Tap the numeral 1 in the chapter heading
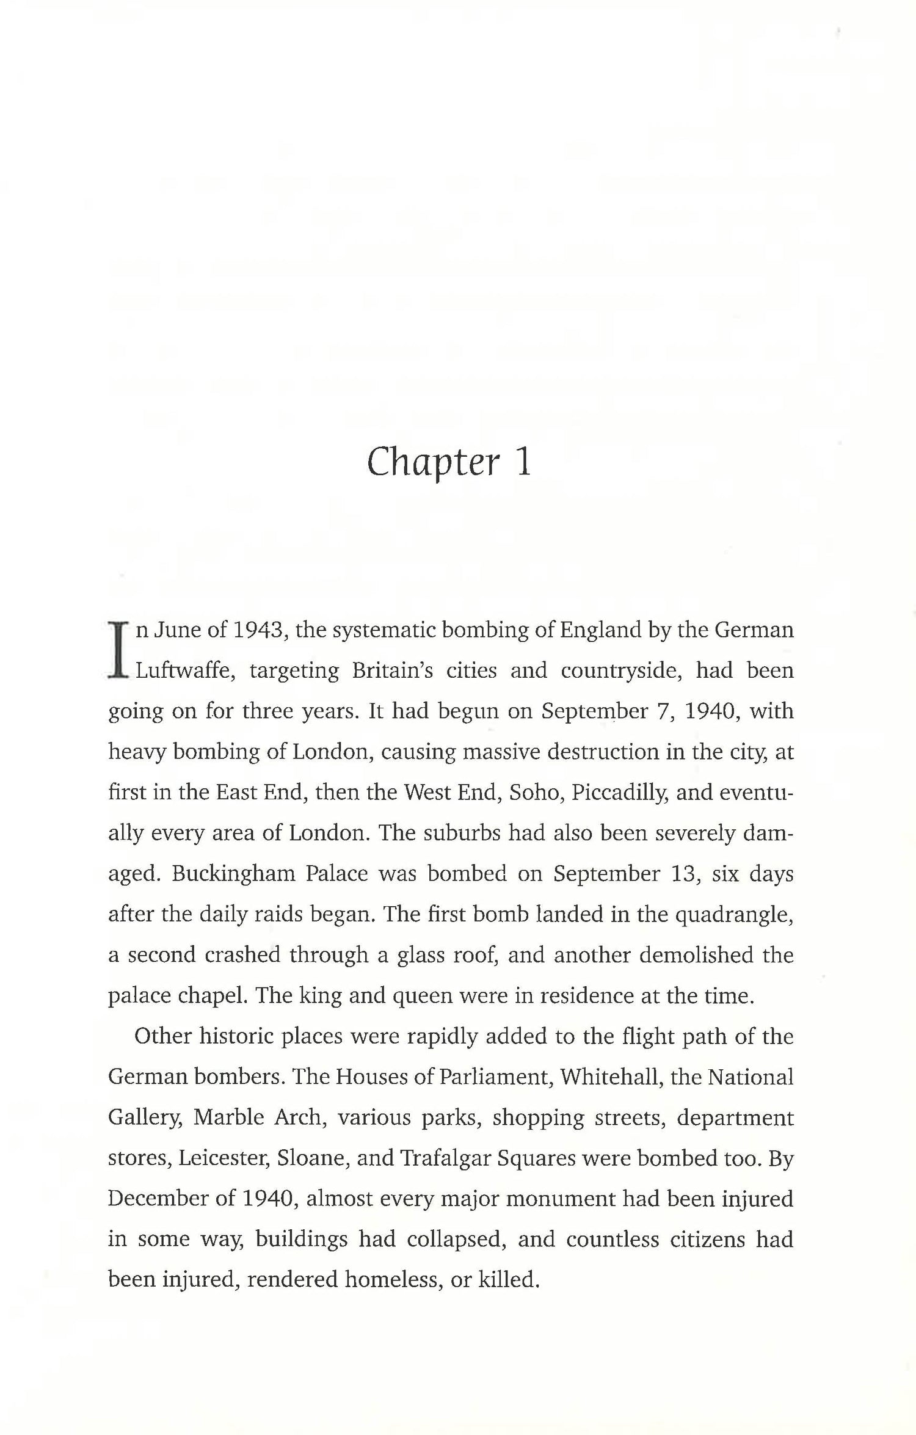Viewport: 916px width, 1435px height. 523,462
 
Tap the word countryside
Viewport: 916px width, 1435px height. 622,670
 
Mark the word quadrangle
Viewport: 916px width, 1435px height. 733,914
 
